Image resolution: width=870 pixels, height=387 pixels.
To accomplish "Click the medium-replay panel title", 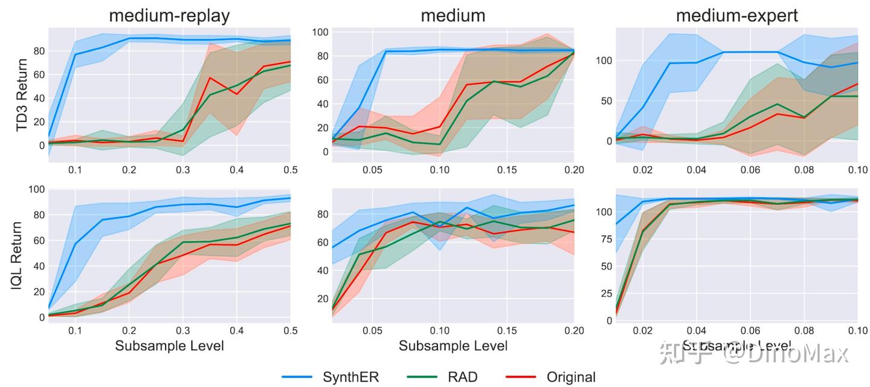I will pyautogui.click(x=169, y=15).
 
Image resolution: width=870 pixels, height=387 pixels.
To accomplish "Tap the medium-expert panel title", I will pyautogui.click(x=736, y=15).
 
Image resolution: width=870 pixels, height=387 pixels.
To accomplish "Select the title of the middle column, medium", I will pyautogui.click(x=453, y=15).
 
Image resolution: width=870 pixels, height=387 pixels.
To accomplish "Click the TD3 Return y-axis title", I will pyautogui.click(x=22, y=96).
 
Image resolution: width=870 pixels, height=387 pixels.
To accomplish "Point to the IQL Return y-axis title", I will pyautogui.click(x=18, y=255).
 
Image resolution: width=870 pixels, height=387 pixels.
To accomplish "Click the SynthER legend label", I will pyautogui.click(x=350, y=377).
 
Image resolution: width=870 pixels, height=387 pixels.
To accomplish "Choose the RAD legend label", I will pyautogui.click(x=463, y=377).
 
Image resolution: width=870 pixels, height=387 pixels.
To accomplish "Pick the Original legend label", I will pyautogui.click(x=571, y=377).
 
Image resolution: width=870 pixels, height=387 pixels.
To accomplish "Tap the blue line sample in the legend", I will pyautogui.click(x=297, y=377).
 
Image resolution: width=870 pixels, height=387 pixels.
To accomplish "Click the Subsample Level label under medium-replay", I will pyautogui.click(x=169, y=346).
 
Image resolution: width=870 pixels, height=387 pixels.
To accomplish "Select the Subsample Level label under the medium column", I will pyautogui.click(x=453, y=346).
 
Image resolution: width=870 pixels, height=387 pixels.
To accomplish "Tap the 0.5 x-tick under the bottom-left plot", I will pyautogui.click(x=291, y=331).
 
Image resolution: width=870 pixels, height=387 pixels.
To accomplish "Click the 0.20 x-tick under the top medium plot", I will pyautogui.click(x=573, y=170).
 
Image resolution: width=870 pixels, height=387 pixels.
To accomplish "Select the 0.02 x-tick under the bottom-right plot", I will pyautogui.click(x=643, y=331).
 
